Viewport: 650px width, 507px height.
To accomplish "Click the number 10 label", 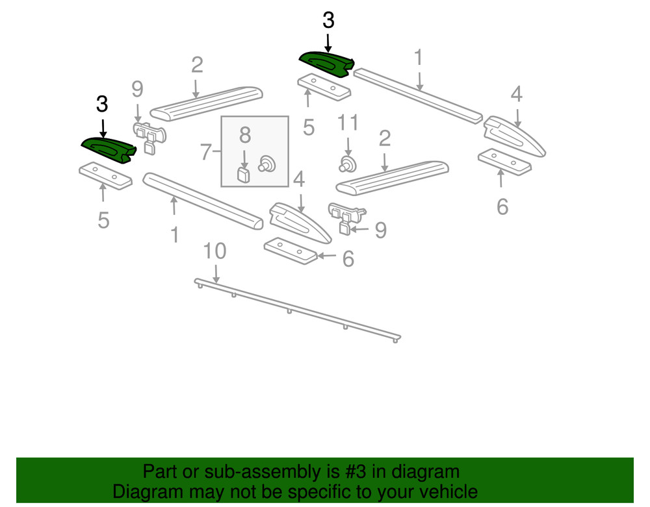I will click(214, 252).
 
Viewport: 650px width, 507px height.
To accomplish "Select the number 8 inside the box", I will click(244, 135).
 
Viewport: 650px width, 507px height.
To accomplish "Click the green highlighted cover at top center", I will click(325, 63).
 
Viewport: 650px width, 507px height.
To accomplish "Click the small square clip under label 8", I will click(244, 174).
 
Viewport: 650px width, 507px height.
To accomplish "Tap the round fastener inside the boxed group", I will click(266, 163).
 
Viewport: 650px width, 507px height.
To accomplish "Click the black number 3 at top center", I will click(328, 21).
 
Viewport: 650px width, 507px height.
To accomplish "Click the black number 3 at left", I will click(102, 104).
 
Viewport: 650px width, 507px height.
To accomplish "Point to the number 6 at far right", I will click(502, 206).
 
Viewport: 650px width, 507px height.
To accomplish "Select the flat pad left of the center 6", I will click(290, 250).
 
